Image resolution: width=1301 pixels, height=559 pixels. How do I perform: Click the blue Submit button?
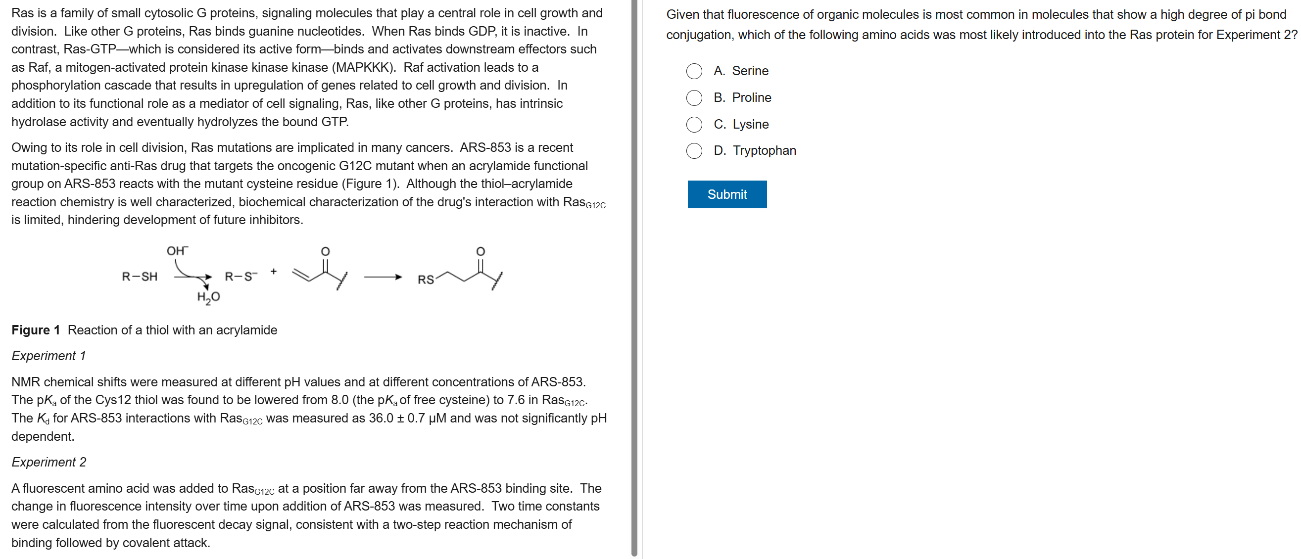pyautogui.click(x=727, y=194)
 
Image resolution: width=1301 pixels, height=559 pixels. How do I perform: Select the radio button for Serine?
pyautogui.click(x=694, y=71)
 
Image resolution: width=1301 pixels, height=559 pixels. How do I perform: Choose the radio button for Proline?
pyautogui.click(x=694, y=98)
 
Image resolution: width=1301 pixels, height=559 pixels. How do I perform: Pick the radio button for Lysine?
pyautogui.click(x=694, y=124)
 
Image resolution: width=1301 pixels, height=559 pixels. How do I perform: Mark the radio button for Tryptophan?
pyautogui.click(x=694, y=150)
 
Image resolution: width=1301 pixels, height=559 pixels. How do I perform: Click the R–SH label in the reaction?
pyautogui.click(x=140, y=277)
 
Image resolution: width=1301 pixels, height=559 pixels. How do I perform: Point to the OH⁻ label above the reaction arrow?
pyautogui.click(x=177, y=251)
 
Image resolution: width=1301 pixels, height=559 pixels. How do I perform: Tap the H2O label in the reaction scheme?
pyautogui.click(x=208, y=297)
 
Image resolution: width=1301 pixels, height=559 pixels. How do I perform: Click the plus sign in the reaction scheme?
pyautogui.click(x=273, y=271)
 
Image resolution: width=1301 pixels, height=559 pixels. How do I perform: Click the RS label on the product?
pyautogui.click(x=425, y=280)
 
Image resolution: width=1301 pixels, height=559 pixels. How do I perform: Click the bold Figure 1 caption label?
pyautogui.click(x=35, y=330)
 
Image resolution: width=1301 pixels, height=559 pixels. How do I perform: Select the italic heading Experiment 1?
pyautogui.click(x=48, y=356)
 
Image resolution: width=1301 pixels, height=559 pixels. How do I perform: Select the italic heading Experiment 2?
pyautogui.click(x=48, y=462)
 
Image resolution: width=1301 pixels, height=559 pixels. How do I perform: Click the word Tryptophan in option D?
pyautogui.click(x=764, y=150)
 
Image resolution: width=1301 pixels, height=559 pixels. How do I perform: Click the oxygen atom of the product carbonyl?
pyautogui.click(x=481, y=251)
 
